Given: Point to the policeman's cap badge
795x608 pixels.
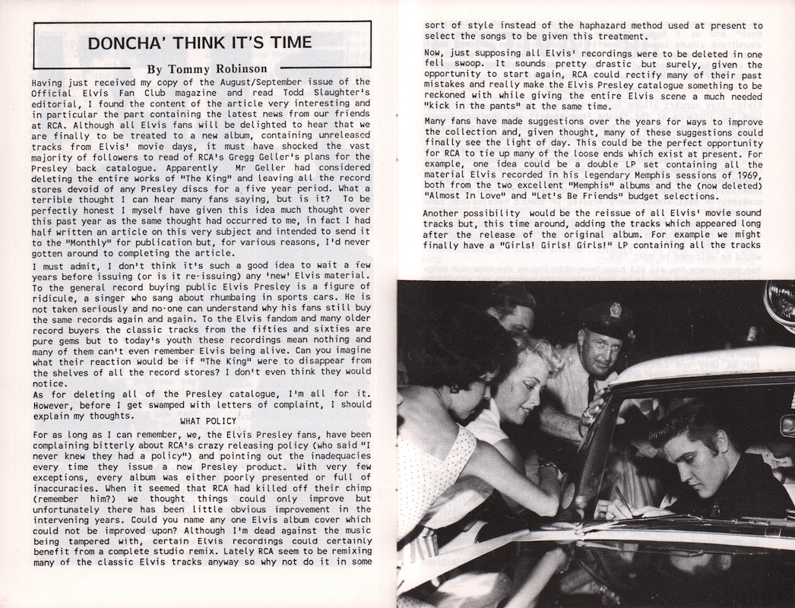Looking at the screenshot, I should (x=615, y=311).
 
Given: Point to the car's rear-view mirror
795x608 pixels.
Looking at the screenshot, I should (x=787, y=426).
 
